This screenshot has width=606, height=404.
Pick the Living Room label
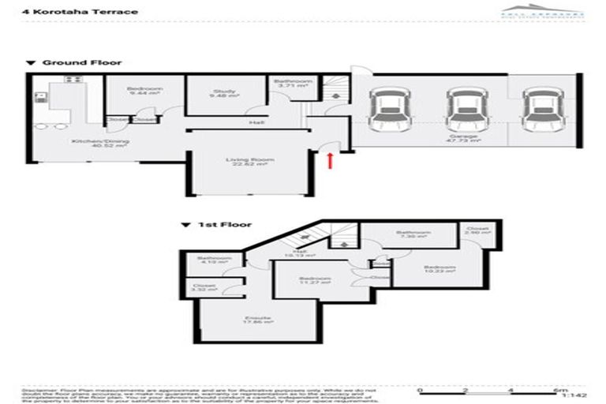click(246, 163)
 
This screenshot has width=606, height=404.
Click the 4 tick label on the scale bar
click(511, 391)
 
